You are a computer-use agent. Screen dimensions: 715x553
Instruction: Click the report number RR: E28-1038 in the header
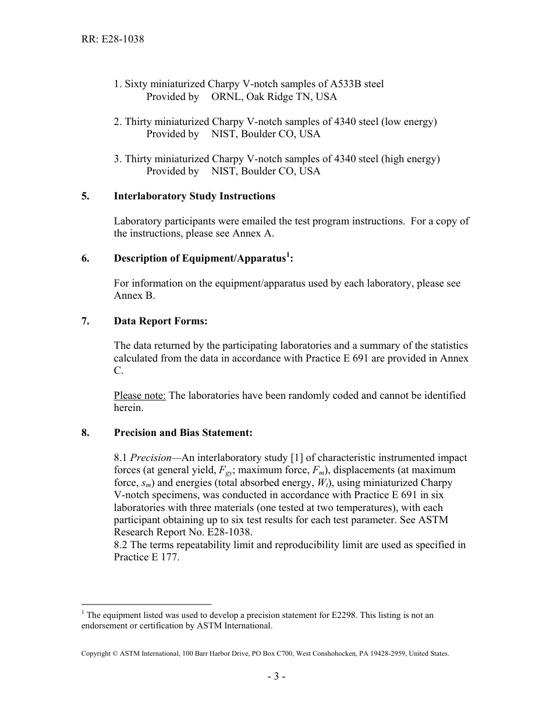(x=112, y=40)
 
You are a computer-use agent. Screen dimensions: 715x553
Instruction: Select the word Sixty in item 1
(x=136, y=84)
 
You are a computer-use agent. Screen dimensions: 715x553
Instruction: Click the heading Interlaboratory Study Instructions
(x=194, y=196)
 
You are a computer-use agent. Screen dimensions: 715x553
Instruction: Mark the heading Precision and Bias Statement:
(x=183, y=432)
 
